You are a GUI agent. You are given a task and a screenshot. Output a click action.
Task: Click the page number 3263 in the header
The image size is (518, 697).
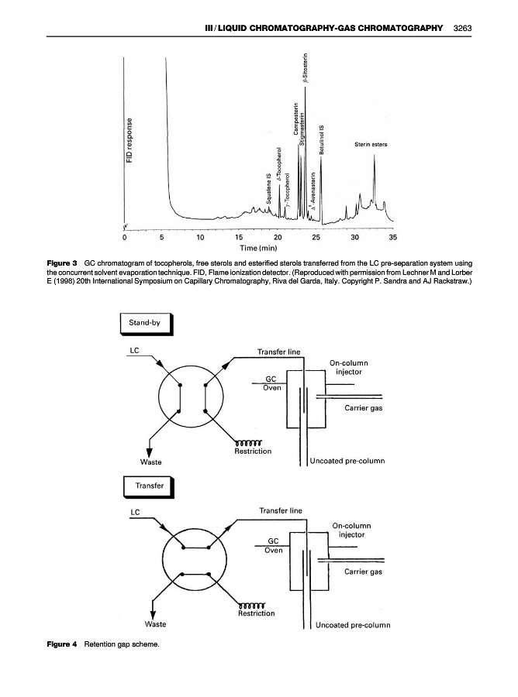[463, 28]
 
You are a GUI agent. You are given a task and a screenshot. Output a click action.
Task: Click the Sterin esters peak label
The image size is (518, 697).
[371, 145]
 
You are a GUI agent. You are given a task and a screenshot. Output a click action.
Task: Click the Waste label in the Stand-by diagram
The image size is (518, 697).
[151, 463]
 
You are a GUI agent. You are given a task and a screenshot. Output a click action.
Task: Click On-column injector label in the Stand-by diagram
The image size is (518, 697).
[348, 366]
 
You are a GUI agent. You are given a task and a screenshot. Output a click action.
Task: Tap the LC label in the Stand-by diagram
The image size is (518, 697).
[134, 351]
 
